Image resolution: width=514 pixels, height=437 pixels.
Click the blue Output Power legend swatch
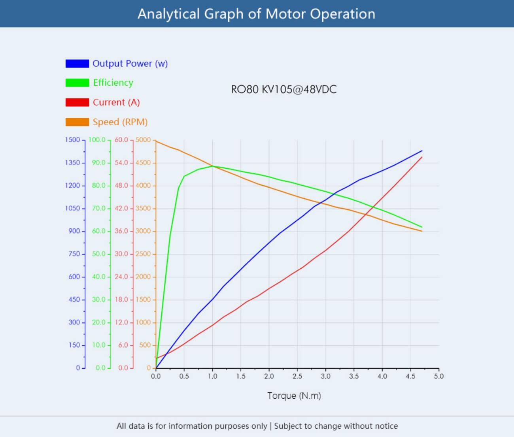point(77,63)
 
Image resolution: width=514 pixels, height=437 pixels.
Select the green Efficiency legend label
point(113,83)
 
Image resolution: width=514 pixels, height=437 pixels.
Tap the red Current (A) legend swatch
point(77,102)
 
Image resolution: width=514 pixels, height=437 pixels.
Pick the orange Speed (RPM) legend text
point(120,122)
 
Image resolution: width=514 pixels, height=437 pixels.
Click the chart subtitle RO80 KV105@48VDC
point(284,89)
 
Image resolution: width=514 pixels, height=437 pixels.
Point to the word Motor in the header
point(285,14)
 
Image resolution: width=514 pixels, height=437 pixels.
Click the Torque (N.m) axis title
point(294,396)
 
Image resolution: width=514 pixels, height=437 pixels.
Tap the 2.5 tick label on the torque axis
point(297,376)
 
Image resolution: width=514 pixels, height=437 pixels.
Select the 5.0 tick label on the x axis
point(438,376)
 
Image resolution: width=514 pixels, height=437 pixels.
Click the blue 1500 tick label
point(72,140)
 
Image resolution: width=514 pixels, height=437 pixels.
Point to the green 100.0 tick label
point(97,140)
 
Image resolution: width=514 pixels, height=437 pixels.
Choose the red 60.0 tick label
point(121,140)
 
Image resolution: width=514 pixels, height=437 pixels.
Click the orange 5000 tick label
point(143,140)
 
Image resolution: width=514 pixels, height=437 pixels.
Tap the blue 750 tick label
point(74,254)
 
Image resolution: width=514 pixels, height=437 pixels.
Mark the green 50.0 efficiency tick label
point(99,254)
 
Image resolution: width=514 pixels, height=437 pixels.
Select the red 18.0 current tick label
point(121,299)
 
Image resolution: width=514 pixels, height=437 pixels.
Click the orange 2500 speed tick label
point(143,254)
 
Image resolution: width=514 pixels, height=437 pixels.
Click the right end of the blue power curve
point(422,151)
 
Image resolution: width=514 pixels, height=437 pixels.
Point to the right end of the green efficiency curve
point(422,227)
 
